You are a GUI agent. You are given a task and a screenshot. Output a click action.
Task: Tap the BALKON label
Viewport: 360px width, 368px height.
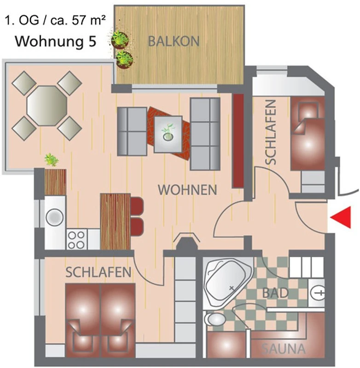174,41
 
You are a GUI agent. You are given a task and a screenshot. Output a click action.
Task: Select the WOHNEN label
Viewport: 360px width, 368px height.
187,190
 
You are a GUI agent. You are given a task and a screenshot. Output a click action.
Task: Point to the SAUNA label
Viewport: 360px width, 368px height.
284,349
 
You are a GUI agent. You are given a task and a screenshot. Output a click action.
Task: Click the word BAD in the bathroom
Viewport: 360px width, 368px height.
275,293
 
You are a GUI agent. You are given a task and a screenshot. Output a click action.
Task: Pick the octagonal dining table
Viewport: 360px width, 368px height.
47,106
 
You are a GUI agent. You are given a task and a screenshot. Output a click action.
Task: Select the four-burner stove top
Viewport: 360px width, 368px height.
76,239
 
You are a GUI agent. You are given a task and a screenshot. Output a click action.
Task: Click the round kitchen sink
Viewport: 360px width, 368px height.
55,217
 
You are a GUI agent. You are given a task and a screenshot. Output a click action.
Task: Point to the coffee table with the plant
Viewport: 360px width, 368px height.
168,134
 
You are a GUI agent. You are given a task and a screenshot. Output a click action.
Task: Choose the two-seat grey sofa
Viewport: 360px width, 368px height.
132,131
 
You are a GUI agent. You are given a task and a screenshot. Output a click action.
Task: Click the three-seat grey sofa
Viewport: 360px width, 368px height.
205,134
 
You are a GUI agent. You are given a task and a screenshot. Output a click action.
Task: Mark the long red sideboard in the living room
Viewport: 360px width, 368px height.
238,141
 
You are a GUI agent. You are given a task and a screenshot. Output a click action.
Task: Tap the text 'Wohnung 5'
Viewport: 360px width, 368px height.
56,41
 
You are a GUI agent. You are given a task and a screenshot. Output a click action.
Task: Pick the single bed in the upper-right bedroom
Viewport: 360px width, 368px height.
308,133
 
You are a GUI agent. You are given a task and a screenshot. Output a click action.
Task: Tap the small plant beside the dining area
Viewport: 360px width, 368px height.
52,160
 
